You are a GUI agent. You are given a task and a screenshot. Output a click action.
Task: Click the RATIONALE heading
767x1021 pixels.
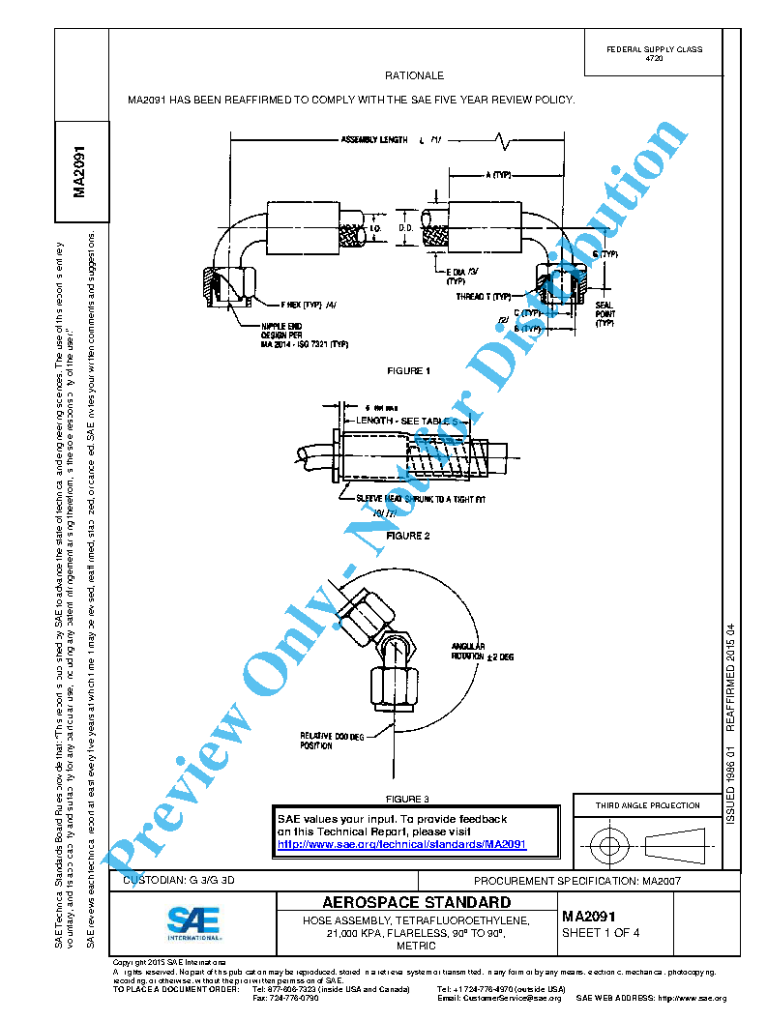(x=414, y=75)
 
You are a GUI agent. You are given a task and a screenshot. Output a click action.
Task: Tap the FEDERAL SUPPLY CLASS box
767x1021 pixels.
(x=654, y=53)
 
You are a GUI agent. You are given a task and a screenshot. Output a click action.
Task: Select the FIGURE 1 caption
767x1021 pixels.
(x=407, y=371)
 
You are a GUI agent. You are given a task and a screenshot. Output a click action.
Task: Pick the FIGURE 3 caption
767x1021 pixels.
(x=407, y=799)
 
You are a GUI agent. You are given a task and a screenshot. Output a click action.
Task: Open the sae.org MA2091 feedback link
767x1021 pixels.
(x=401, y=844)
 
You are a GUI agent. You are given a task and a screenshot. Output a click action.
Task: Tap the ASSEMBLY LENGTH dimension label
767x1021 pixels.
(x=374, y=140)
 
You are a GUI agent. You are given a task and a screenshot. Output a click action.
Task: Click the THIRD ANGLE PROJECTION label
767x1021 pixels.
(x=647, y=805)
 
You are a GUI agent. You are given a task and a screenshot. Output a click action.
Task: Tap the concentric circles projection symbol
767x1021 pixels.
(x=608, y=846)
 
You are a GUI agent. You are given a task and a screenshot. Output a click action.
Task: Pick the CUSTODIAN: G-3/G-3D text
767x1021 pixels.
(x=181, y=881)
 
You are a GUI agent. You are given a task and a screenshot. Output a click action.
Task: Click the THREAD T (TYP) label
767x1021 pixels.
(x=483, y=297)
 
